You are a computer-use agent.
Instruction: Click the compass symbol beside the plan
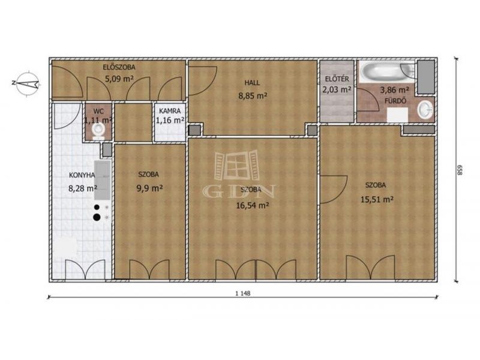click(27, 83)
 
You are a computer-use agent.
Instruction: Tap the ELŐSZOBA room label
click(119, 67)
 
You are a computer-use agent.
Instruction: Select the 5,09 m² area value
click(119, 79)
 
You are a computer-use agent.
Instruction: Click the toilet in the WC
click(98, 131)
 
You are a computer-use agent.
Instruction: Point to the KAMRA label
click(170, 111)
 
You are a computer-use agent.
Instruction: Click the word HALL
click(252, 83)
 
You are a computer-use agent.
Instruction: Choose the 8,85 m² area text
click(253, 96)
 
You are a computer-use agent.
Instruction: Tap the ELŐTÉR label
click(337, 79)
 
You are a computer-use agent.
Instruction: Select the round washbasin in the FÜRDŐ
click(425, 110)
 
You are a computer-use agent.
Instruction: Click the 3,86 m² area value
click(395, 90)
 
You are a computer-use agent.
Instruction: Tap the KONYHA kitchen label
click(82, 175)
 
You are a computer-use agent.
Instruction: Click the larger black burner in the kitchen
click(97, 217)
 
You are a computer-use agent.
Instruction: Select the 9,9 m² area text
click(149, 188)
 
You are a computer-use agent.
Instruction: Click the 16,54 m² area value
click(253, 205)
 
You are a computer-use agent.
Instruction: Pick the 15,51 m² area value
click(377, 200)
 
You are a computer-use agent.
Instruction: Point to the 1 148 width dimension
click(243, 293)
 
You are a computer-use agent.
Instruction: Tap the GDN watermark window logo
click(236, 165)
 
